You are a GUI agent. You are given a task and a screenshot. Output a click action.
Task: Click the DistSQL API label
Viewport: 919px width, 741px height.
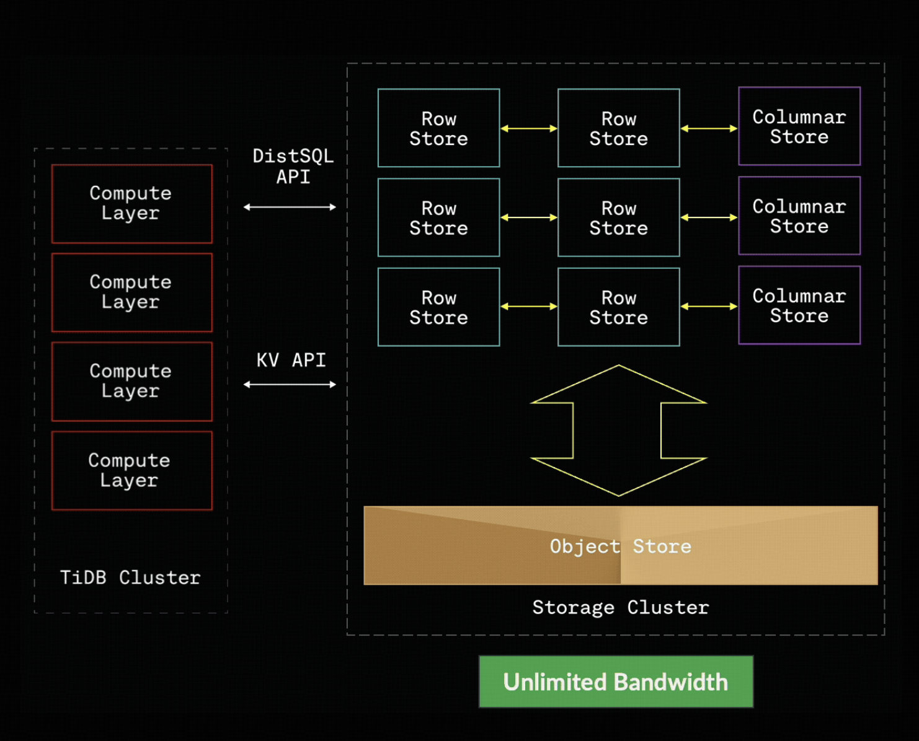point(293,166)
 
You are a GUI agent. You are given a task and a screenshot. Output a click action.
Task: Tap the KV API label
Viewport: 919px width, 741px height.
point(291,360)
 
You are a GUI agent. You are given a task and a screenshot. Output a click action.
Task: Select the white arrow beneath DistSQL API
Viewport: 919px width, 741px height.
point(290,207)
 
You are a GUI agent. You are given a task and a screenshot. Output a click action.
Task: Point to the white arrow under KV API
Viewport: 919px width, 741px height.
point(290,385)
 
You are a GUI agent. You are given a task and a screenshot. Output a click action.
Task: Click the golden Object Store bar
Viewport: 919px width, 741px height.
point(620,545)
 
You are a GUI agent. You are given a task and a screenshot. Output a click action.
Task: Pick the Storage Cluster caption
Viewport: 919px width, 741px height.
point(620,607)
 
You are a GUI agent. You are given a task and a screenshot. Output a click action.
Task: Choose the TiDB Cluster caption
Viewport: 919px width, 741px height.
point(130,577)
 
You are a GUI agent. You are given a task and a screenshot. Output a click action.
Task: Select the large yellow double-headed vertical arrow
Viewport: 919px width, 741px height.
point(618,431)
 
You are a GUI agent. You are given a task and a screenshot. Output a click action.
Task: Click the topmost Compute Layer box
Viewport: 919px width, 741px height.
point(131,203)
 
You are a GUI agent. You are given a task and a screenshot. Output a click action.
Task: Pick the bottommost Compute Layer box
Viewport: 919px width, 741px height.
point(131,470)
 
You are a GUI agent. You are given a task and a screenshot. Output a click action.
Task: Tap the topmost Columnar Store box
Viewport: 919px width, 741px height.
point(799,126)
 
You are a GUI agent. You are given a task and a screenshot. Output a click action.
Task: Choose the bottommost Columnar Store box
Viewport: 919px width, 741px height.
point(799,305)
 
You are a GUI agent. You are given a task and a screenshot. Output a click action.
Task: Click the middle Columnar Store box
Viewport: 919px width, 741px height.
point(799,216)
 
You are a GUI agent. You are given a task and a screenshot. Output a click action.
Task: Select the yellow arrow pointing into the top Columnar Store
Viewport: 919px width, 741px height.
point(709,128)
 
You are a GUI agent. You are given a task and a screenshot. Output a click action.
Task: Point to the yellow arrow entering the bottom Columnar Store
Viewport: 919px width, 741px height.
point(709,306)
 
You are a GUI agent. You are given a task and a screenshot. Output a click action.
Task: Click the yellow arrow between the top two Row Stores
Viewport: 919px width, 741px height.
point(528,128)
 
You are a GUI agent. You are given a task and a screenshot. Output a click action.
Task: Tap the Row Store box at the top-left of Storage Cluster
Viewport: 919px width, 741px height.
point(438,128)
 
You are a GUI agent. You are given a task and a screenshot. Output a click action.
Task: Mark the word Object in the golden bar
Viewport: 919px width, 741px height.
point(584,546)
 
